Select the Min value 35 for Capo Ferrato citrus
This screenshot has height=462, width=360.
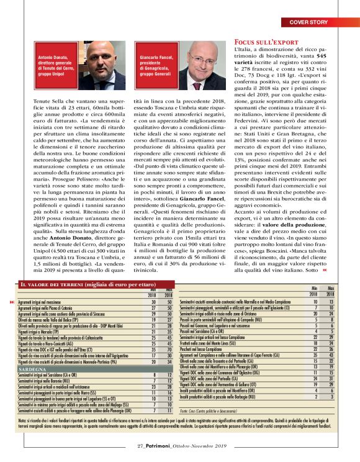[315, 354]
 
